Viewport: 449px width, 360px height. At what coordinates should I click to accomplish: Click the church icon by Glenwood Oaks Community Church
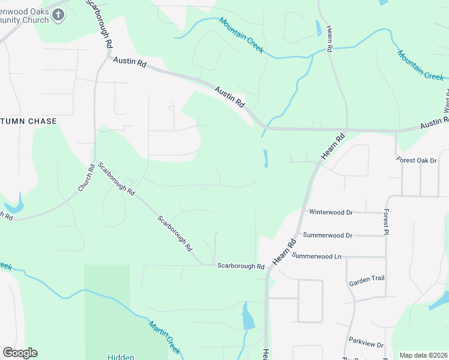pos(58,16)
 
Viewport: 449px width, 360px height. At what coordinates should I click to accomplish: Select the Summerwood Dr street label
pos(328,235)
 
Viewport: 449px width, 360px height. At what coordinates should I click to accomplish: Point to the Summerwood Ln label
pos(317,256)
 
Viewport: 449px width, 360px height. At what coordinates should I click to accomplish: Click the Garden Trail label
pos(366,278)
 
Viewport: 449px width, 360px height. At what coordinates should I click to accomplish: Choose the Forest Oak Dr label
pos(418,160)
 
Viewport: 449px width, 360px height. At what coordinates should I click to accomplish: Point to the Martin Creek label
pos(164,336)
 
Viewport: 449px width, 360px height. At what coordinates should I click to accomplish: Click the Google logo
pos(20,353)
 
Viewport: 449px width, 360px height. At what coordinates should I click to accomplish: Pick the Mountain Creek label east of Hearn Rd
pos(420,65)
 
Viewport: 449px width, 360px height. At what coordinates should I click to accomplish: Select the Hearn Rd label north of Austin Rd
pos(330,40)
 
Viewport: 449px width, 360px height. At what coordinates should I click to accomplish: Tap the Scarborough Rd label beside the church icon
pos(100,24)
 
